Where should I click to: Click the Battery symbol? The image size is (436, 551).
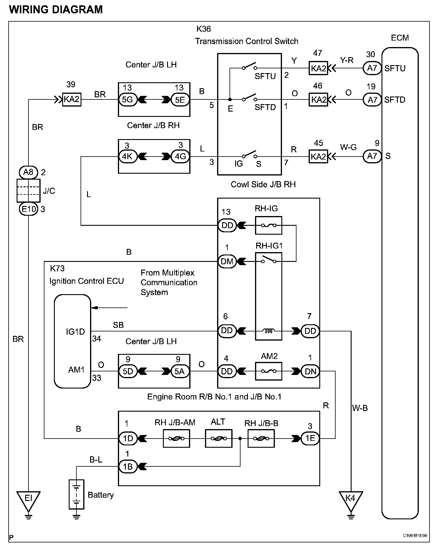pos(76,494)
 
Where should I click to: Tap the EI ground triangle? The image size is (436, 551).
pos(28,501)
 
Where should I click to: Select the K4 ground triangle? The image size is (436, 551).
pos(351,501)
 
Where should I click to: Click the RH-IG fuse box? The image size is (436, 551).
pos(269,225)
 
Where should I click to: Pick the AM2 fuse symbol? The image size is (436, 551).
pos(269,371)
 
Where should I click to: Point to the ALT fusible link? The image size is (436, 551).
pos(219,438)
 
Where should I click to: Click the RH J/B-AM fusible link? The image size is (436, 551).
pos(176,438)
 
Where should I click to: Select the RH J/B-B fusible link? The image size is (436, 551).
pos(261,438)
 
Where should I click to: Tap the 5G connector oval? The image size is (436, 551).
pos(128,100)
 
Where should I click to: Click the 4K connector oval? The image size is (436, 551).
pos(128,156)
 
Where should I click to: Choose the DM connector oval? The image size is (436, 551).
pos(227,261)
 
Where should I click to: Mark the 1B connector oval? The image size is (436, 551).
pos(128,467)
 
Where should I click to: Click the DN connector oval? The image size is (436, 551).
pos(310,371)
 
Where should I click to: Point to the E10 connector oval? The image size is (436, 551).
pos(28,210)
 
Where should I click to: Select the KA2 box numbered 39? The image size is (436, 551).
pos(72,99)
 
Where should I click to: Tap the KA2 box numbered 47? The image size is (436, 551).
pos(318,68)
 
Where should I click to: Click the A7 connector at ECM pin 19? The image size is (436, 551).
pos(372,100)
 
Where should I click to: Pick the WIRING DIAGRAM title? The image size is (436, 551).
pos(56,10)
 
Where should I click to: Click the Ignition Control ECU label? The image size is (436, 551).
pos(86,281)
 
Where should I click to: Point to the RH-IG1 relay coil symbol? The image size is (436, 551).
pos(269,331)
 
